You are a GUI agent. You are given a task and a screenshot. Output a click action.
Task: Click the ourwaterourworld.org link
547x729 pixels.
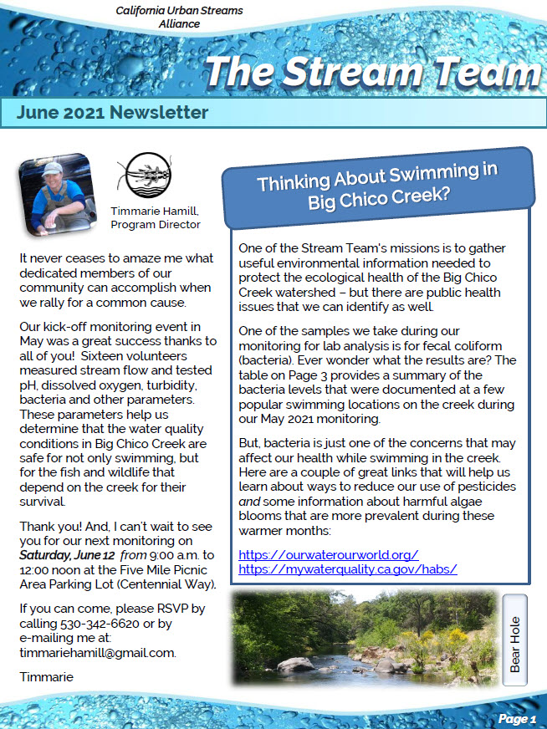click(x=328, y=554)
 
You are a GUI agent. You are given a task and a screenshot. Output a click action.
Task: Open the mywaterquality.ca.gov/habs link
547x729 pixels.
click(x=347, y=568)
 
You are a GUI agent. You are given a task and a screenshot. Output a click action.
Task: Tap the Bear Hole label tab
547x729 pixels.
click(x=515, y=640)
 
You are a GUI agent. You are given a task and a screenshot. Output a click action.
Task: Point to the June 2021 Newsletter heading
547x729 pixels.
click(x=112, y=113)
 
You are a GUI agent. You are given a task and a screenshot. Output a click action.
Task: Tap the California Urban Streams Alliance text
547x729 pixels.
click(x=179, y=17)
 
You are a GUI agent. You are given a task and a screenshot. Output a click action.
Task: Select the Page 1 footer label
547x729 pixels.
click(x=516, y=718)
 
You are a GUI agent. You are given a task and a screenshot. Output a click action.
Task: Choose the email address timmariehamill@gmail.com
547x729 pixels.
click(x=97, y=652)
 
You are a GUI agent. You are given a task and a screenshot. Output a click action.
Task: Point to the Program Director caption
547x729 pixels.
click(x=155, y=224)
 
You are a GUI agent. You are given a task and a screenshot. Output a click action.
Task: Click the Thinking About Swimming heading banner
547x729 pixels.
click(x=376, y=188)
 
